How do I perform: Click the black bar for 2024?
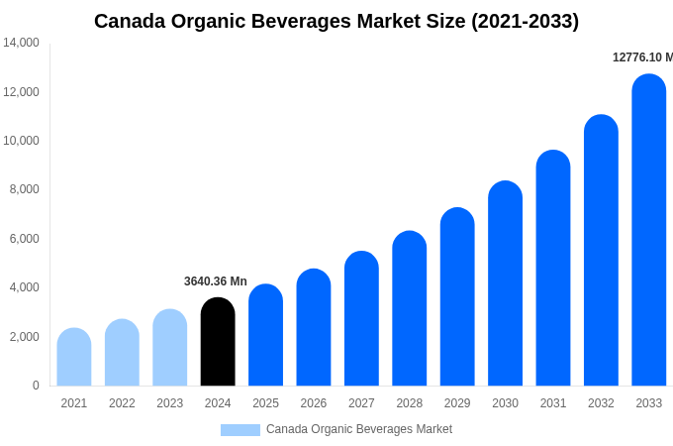point(218,342)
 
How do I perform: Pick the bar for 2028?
point(410,308)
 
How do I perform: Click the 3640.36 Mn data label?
point(216,281)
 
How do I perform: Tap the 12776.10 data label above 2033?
point(642,57)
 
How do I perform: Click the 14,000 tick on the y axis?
point(21,43)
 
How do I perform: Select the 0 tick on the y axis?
point(36,386)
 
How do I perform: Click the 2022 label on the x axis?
point(122,403)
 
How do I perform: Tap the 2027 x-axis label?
point(361,403)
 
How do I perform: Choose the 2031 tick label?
point(553,403)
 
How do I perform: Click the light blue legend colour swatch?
point(240,430)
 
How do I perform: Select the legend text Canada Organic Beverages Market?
point(359,429)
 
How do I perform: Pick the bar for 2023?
point(170,348)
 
